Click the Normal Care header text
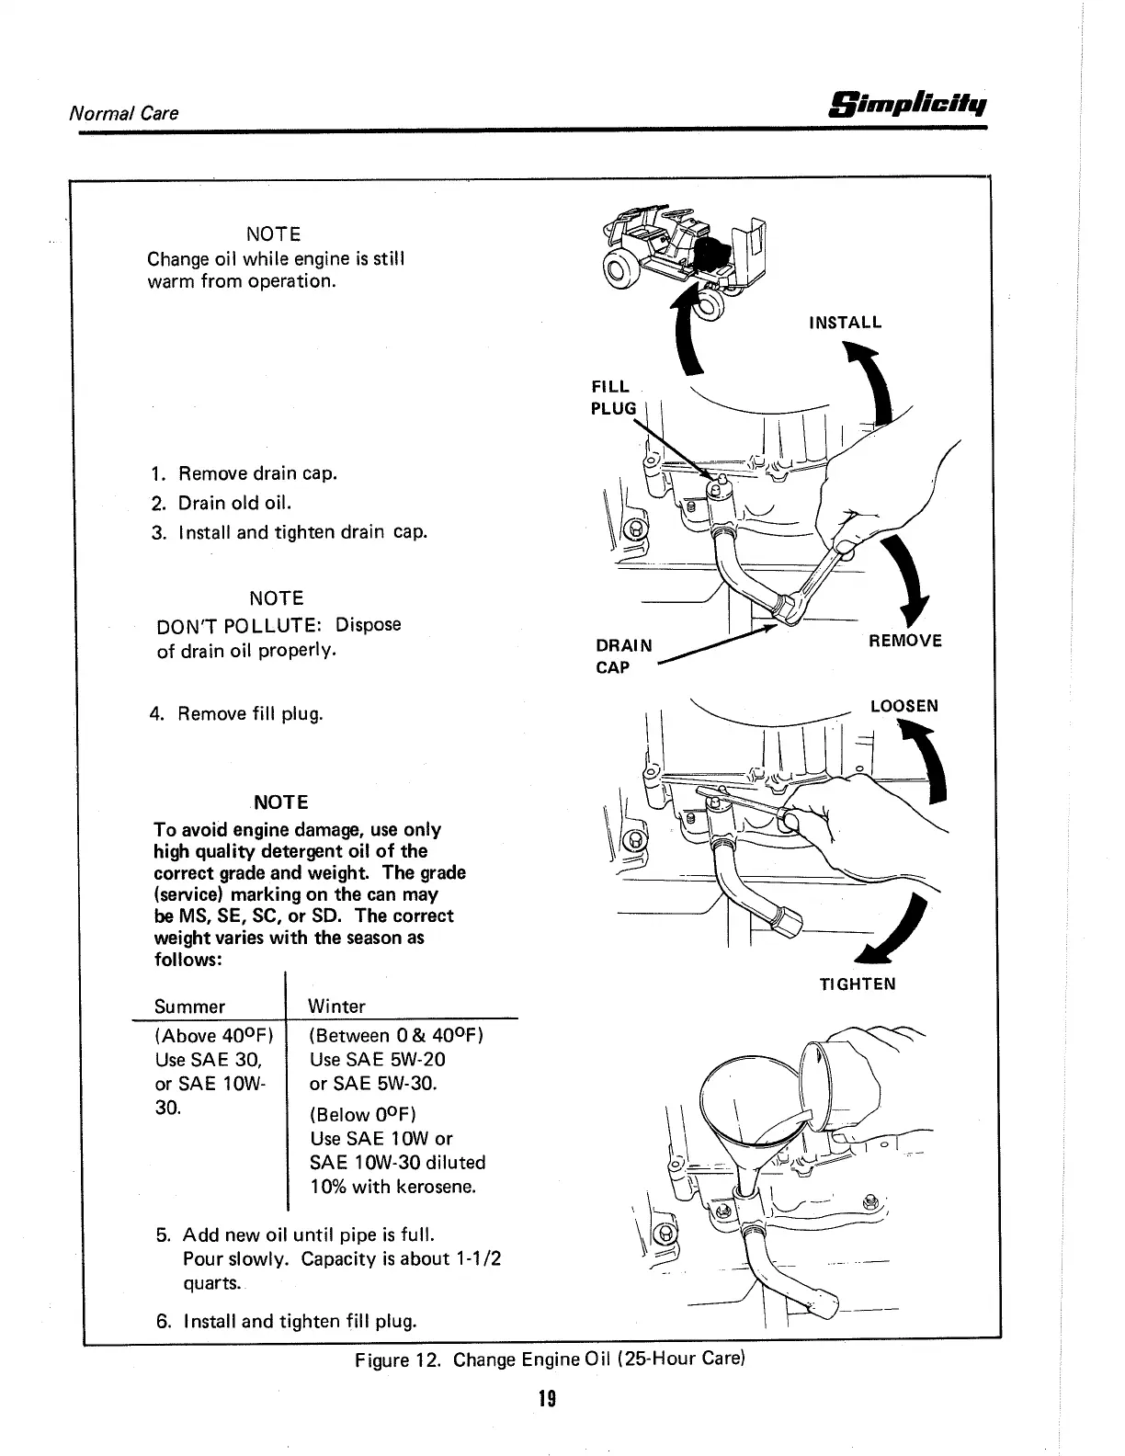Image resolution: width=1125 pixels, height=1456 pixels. pos(123,113)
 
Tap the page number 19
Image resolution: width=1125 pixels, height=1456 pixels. pos(548,1399)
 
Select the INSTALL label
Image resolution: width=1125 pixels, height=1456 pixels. pos(845,323)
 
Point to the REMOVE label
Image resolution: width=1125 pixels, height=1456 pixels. pos(905,641)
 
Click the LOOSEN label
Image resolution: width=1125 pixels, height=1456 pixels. pos(904,706)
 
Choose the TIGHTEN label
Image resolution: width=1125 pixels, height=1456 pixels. pos(858,984)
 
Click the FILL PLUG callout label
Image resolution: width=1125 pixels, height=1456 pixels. pos(614,397)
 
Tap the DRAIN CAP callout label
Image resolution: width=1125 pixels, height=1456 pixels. pos(623,655)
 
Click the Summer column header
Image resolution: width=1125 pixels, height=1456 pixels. pos(189,1007)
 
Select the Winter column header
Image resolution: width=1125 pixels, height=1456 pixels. pos(337,1007)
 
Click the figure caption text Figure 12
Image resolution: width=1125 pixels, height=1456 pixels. pos(548,1359)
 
